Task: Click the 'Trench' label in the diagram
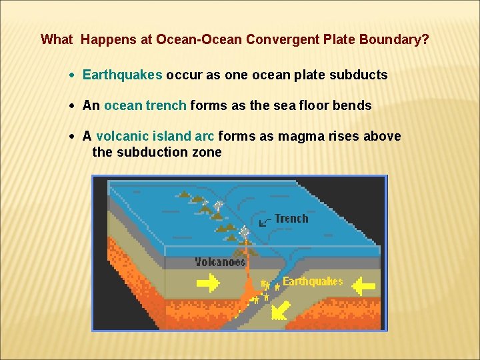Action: click(291, 219)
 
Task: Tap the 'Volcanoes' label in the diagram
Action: click(220, 262)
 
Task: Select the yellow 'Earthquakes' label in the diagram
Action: click(312, 281)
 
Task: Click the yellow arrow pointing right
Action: click(209, 285)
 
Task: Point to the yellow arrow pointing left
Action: click(363, 287)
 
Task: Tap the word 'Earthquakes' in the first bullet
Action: click(122, 75)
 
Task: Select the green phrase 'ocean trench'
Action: click(145, 105)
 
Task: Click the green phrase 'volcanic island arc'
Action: click(155, 136)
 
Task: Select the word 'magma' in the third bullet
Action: click(297, 136)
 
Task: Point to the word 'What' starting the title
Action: click(56, 39)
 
